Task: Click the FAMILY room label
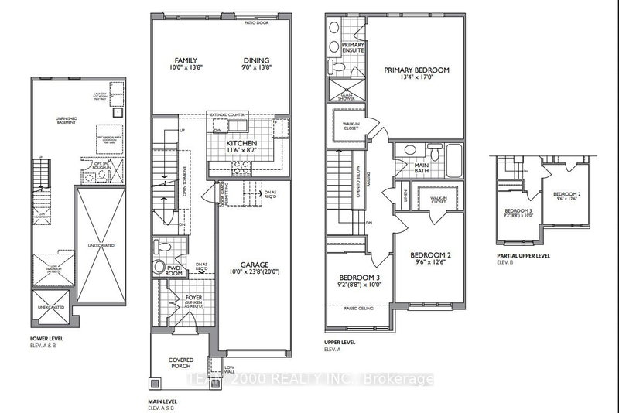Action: (186, 60)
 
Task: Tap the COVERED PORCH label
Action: (183, 364)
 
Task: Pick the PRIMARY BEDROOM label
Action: (416, 70)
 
